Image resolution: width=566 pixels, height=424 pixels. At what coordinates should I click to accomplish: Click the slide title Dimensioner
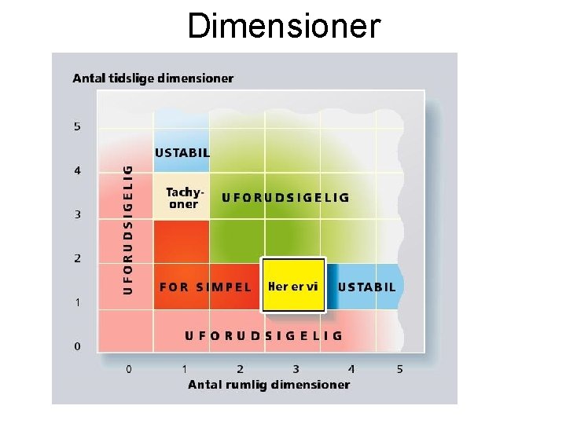pyautogui.click(x=284, y=25)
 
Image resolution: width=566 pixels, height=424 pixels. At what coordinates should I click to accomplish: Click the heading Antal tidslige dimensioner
pyautogui.click(x=153, y=78)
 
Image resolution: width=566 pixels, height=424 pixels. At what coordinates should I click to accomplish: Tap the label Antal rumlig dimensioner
pyautogui.click(x=269, y=384)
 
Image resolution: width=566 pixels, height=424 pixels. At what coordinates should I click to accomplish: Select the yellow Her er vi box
pyautogui.click(x=293, y=286)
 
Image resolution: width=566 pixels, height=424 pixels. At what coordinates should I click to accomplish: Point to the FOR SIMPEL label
pyautogui.click(x=205, y=287)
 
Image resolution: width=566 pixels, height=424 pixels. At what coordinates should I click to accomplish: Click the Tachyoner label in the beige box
pyautogui.click(x=182, y=198)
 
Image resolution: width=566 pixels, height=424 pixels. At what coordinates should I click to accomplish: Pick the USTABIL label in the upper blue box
pyautogui.click(x=182, y=153)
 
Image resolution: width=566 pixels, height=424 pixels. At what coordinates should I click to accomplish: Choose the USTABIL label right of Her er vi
pyautogui.click(x=366, y=287)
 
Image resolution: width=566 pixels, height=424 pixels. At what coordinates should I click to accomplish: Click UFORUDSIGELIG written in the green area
pyautogui.click(x=285, y=198)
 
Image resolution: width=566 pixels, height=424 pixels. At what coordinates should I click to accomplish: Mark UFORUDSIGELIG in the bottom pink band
pyautogui.click(x=263, y=335)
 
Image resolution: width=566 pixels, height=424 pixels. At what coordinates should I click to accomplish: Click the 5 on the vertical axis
pyautogui.click(x=77, y=126)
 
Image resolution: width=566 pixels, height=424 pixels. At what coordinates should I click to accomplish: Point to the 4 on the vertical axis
pyautogui.click(x=77, y=170)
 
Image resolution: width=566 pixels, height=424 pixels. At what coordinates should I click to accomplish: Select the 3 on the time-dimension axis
pyautogui.click(x=77, y=214)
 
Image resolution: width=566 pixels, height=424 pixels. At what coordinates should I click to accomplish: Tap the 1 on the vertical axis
pyautogui.click(x=77, y=302)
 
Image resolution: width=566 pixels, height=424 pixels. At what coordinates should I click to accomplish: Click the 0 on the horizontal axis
pyautogui.click(x=129, y=368)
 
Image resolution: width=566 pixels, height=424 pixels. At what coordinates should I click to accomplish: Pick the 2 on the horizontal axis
pyautogui.click(x=240, y=368)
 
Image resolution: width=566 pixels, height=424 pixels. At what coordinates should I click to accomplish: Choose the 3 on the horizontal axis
pyautogui.click(x=296, y=368)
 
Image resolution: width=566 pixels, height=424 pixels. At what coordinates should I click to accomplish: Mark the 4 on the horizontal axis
pyautogui.click(x=351, y=368)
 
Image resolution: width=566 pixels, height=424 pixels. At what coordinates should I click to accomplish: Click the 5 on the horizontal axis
pyautogui.click(x=399, y=368)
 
